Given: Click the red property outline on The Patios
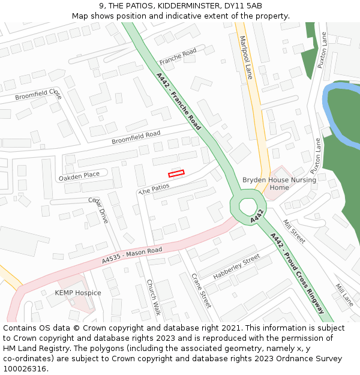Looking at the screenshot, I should tap(176, 173).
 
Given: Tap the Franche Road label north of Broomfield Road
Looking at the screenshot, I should tap(178, 57).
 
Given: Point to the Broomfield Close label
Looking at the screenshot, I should tap(38, 95).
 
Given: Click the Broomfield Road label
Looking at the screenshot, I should tap(136, 137).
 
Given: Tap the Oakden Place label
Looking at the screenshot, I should tap(79, 176).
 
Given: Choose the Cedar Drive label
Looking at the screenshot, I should tap(98, 210).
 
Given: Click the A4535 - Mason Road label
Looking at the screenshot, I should tap(132, 255).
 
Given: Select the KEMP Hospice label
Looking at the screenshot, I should tap(78, 293).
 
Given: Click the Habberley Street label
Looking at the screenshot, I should tap(236, 266).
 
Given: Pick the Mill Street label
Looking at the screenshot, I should tap(294, 232).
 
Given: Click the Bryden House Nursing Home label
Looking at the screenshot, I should tap(270, 184).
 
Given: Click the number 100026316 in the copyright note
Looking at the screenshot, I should tap(25, 369).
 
